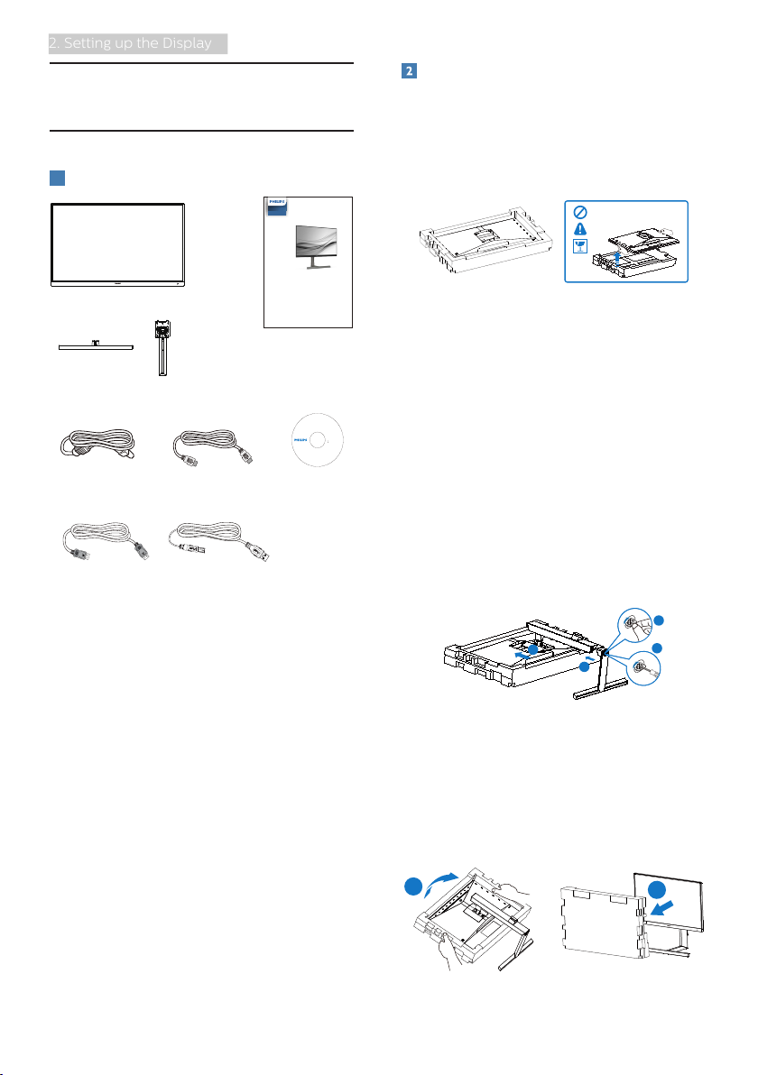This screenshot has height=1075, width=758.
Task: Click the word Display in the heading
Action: point(186,43)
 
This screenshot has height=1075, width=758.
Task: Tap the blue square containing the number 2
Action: point(409,70)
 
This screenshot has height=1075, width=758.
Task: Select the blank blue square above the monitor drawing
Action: point(58,179)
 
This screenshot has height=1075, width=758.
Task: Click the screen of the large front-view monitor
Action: point(117,243)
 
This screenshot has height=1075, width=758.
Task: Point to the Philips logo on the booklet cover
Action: point(276,202)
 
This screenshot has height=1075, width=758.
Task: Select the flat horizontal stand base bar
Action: point(96,347)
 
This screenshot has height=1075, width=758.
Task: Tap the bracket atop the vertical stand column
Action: point(162,330)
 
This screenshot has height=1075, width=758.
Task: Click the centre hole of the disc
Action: point(317,439)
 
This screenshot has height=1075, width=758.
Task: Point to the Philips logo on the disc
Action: point(300,439)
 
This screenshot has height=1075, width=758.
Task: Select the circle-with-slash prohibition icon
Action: point(580,213)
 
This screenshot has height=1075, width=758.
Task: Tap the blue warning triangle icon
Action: point(580,229)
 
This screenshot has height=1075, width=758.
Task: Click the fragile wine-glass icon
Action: point(580,246)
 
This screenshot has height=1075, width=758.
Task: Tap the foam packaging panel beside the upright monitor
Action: point(603,921)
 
